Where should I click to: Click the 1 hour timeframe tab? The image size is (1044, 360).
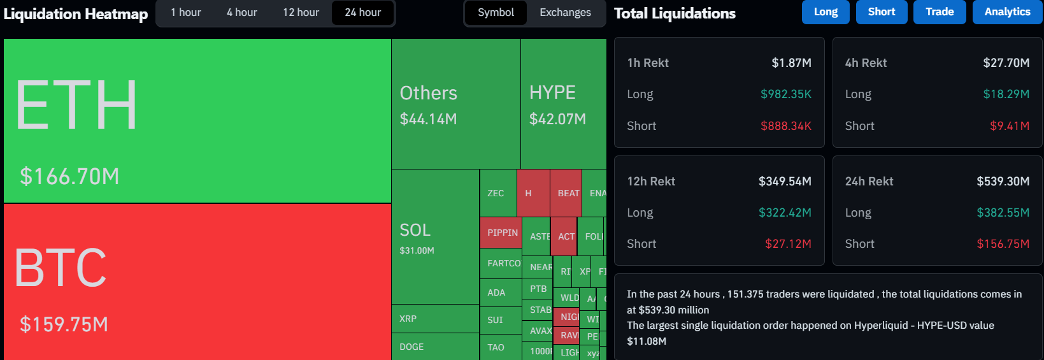[x=185, y=13]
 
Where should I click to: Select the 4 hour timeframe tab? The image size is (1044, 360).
[x=241, y=13]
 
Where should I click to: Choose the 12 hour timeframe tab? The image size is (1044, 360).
[x=301, y=13]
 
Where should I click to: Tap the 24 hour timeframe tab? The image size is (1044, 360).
[x=362, y=13]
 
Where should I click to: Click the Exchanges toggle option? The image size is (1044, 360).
[x=565, y=13]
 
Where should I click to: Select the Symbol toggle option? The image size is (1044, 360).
[x=496, y=13]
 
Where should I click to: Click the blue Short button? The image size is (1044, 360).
[x=881, y=12]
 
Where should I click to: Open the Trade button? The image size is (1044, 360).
[x=940, y=12]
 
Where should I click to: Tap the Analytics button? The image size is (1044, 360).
[x=1007, y=12]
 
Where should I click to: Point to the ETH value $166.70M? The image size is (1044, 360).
[x=69, y=176]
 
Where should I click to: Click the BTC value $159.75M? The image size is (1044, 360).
[x=64, y=324]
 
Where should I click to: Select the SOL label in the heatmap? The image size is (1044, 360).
[x=415, y=230]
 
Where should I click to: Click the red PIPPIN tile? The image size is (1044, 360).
[x=502, y=233]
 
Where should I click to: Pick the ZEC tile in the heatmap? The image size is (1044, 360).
[x=496, y=193]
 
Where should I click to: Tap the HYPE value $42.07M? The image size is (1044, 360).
[x=557, y=119]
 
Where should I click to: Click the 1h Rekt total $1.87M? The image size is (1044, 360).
[x=791, y=63]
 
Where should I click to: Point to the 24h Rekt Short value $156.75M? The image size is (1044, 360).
[x=1003, y=244]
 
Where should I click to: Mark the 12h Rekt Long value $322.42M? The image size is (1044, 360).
[x=785, y=213]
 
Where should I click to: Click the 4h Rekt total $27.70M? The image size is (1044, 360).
[x=1006, y=63]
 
